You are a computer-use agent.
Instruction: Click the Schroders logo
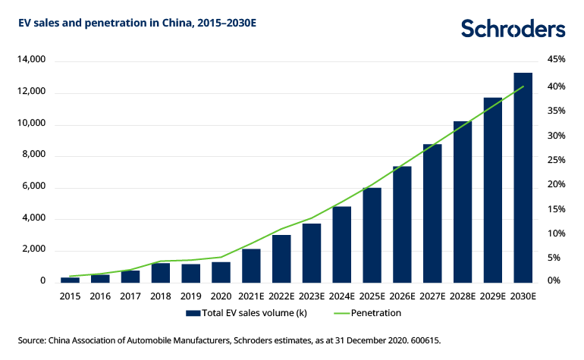point(513,29)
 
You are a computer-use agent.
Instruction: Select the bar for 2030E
point(523,177)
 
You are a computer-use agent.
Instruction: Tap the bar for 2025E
point(372,235)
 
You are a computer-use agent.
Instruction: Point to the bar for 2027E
point(432,213)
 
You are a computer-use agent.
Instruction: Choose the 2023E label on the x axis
point(312,296)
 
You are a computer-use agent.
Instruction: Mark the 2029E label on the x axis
point(493,296)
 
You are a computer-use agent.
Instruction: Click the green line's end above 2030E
point(523,86)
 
